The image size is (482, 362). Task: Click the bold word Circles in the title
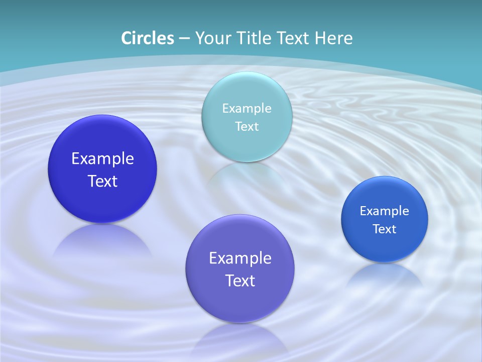(147, 38)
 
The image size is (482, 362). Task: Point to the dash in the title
(184, 39)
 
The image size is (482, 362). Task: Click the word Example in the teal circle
(247, 108)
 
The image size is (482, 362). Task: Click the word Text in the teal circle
(247, 126)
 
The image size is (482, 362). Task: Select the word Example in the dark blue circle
(102, 159)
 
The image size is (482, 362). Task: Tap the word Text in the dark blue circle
(102, 181)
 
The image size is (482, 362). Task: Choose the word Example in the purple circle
(240, 258)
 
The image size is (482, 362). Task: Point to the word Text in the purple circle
(240, 281)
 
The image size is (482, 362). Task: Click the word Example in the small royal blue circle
(385, 211)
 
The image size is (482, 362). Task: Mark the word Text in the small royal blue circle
(385, 229)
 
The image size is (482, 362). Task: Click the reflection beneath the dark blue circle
(102, 241)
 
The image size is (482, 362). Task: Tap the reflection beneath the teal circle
(247, 173)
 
